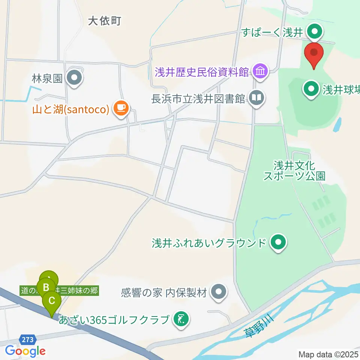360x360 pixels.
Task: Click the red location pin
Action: [313, 55]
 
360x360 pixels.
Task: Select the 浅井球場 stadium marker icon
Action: [311, 89]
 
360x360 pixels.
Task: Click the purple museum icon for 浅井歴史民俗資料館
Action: [260, 71]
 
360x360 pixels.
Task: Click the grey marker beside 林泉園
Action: [74, 78]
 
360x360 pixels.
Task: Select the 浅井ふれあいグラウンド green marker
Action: [278, 243]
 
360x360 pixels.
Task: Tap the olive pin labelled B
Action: [46, 288]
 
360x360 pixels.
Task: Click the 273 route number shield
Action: [27, 340]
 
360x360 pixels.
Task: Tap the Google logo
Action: [25, 351]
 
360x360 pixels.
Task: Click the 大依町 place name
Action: [105, 21]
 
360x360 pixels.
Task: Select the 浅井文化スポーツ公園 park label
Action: [294, 171]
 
